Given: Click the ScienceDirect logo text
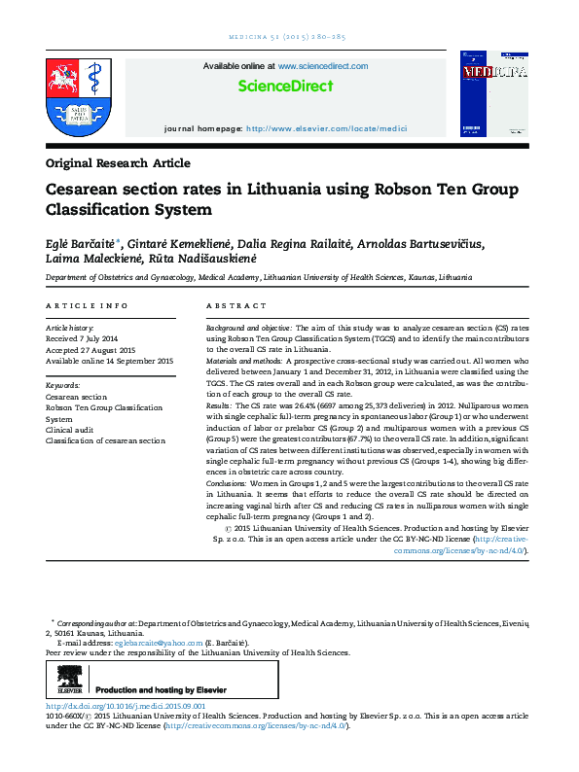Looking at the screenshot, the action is point(285,86).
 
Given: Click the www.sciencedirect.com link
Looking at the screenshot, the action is point(323,66).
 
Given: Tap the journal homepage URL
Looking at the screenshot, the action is point(326,128).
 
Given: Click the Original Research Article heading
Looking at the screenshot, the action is point(118,163).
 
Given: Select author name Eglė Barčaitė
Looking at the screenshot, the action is point(80,244).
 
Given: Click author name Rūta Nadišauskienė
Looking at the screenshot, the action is point(207,260).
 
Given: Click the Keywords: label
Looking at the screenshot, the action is point(63,386).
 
